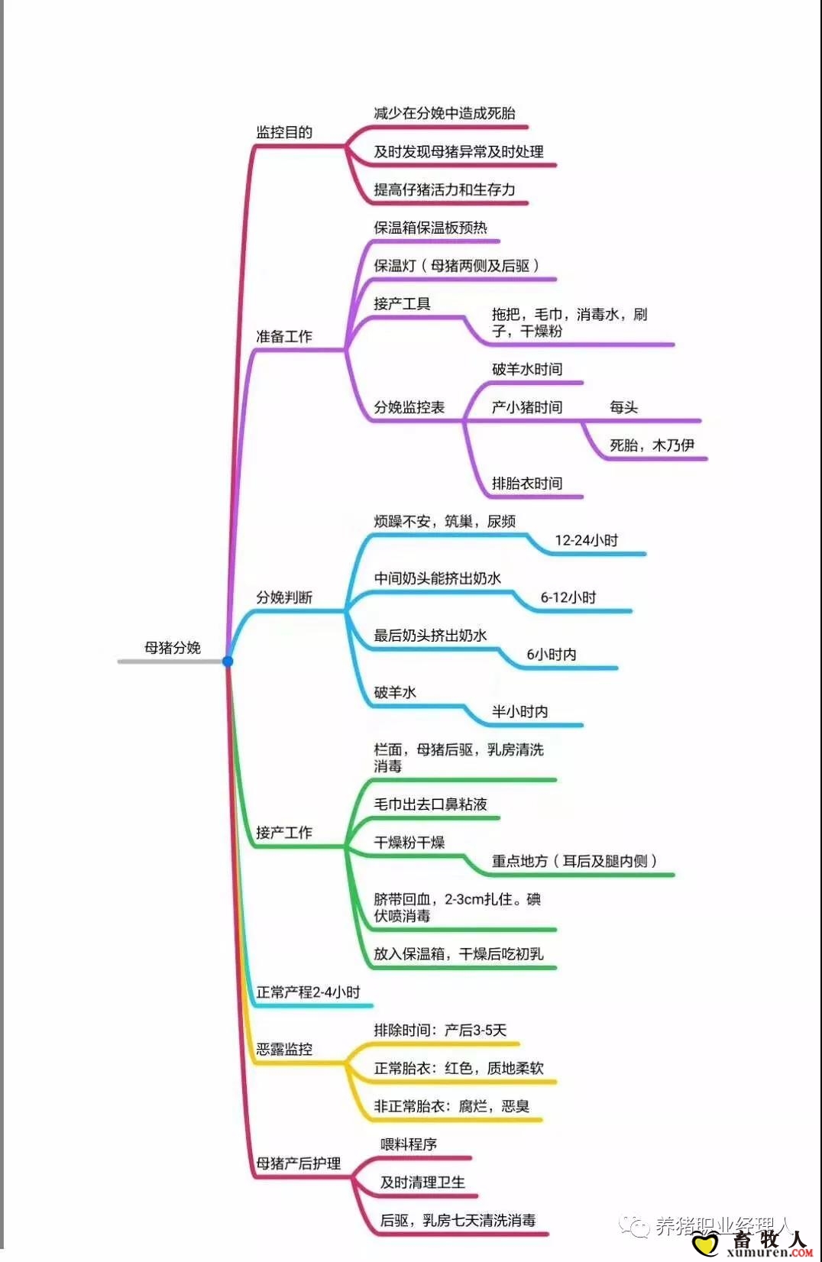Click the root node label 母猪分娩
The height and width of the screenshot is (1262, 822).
[173, 648]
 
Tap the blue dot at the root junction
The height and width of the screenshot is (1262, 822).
[228, 661]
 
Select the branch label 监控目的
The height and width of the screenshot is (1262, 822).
[284, 132]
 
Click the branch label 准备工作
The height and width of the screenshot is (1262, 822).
[284, 336]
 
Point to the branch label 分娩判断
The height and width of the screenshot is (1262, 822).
[284, 597]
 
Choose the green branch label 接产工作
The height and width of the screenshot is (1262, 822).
[284, 832]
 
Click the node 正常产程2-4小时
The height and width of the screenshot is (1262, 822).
[308, 992]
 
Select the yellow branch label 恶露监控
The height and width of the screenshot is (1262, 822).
[284, 1050]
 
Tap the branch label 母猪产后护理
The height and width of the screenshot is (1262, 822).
[298, 1163]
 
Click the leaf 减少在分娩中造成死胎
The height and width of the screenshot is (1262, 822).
[444, 113]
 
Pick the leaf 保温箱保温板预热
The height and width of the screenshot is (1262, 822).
[430, 228]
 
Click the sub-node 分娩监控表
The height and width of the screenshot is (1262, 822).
[409, 407]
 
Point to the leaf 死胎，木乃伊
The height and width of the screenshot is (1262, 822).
[652, 445]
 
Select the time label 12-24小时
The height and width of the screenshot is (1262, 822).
[586, 540]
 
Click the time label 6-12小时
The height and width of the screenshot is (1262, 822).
[568, 597]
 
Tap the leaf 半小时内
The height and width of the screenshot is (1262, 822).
[519, 711]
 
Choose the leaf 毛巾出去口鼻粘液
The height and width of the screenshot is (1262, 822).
[430, 804]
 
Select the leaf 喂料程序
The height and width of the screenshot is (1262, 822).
[409, 1144]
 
